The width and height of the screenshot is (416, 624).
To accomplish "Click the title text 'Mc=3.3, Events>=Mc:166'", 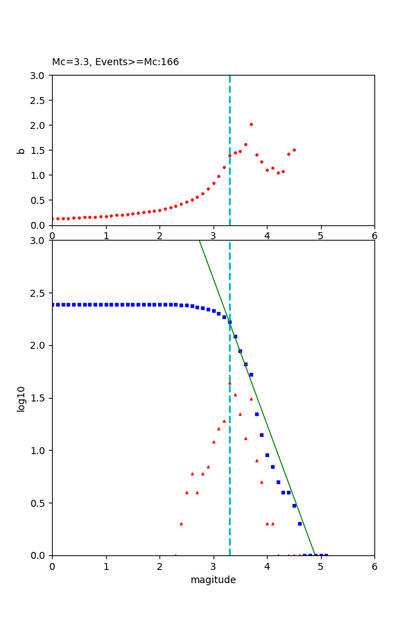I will click(x=115, y=62).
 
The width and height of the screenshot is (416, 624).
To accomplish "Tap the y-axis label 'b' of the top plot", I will click(x=21, y=150).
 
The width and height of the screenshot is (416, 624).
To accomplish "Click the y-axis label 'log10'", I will click(x=21, y=399).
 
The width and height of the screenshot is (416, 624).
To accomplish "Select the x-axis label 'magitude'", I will click(x=213, y=580).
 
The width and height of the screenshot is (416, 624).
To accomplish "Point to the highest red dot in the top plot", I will click(x=251, y=125).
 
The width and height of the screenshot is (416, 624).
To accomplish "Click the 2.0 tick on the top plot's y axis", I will click(x=39, y=125).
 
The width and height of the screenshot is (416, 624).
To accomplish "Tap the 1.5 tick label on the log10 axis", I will click(x=39, y=398).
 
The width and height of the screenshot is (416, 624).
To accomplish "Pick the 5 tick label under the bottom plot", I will click(x=320, y=566).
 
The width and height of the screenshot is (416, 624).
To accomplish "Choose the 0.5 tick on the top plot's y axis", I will click(x=39, y=200).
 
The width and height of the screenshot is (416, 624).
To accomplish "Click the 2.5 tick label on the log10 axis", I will click(x=39, y=293).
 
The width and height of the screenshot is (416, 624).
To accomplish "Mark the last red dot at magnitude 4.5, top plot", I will click(x=294, y=150).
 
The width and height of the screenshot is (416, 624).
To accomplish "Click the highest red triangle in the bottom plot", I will click(x=229, y=383).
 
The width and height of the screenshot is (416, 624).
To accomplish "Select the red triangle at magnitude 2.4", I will click(x=181, y=523).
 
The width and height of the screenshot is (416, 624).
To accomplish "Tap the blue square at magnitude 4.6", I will click(x=300, y=523).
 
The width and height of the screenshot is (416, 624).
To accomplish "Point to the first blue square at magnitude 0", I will click(x=53, y=304).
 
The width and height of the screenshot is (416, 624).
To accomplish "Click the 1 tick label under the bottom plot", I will click(x=105, y=566).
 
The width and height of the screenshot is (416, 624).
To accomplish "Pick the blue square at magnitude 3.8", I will click(x=257, y=414).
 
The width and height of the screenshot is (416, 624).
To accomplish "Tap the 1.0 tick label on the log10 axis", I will click(x=39, y=451).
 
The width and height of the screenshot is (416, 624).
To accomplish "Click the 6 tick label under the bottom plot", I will click(x=374, y=566).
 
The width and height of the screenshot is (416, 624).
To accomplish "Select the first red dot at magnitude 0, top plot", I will click(x=53, y=219).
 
